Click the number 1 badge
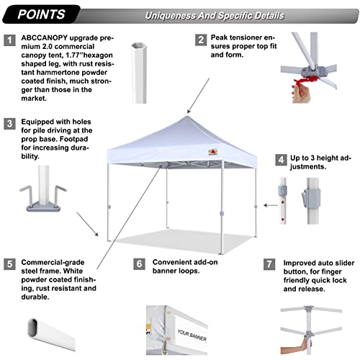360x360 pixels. (x=10, y=41)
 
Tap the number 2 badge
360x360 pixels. (x=200, y=40)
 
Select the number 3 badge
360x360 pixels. (x=10, y=123)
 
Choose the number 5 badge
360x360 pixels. (x=10, y=264)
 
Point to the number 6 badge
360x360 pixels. (x=140, y=264)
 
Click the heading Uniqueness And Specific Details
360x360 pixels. (x=214, y=15)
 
